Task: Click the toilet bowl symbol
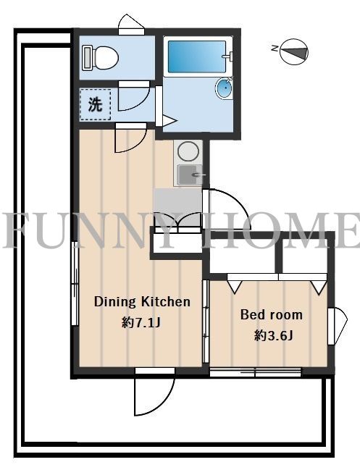[x=105, y=57]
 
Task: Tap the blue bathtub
[x=196, y=56]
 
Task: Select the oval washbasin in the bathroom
[x=225, y=88]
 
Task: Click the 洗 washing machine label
[x=95, y=104]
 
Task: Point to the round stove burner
[x=188, y=151]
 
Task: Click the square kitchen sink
[x=189, y=175]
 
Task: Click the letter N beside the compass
[x=274, y=48]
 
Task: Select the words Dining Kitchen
[x=142, y=301]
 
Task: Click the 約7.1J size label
[x=141, y=323]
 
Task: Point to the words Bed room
[x=272, y=315]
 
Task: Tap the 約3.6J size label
[x=273, y=336]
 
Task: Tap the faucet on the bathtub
[x=228, y=56]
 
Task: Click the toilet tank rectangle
[x=87, y=58]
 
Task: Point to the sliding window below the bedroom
[x=256, y=372]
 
